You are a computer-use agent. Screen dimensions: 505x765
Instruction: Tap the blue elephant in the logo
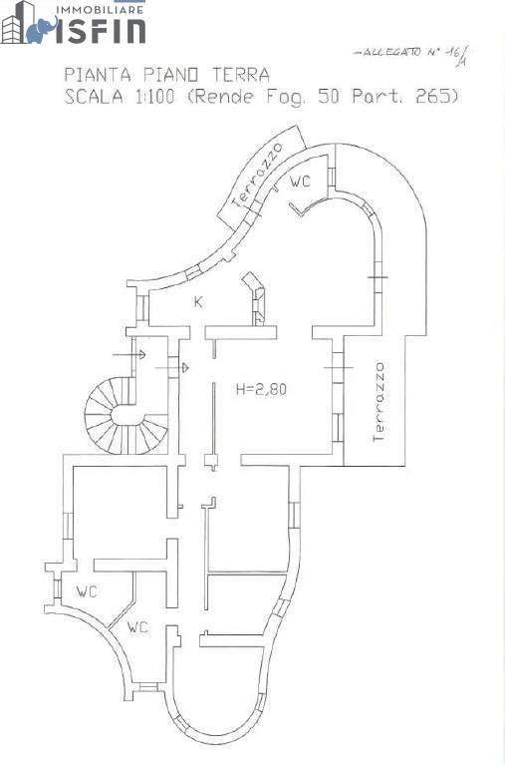click(x=42, y=31)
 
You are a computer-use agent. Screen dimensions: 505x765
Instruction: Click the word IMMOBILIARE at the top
click(x=101, y=9)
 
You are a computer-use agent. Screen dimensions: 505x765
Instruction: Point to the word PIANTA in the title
click(x=98, y=75)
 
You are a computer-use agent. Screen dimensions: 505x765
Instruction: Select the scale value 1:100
click(x=154, y=97)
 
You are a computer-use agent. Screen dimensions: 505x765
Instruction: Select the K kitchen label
click(x=198, y=302)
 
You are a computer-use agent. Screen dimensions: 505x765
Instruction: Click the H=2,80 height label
click(x=261, y=389)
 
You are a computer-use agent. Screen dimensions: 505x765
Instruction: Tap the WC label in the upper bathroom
click(x=300, y=182)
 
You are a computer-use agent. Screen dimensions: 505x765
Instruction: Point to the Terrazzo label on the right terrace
click(x=379, y=402)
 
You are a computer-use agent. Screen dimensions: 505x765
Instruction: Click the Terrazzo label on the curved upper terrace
click(x=257, y=175)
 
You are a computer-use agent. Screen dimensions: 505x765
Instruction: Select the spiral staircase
click(x=126, y=416)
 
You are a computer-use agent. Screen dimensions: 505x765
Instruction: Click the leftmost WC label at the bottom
click(x=87, y=591)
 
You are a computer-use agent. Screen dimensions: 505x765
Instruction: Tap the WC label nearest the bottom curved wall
click(x=137, y=627)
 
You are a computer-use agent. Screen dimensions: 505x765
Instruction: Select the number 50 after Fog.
click(x=329, y=96)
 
